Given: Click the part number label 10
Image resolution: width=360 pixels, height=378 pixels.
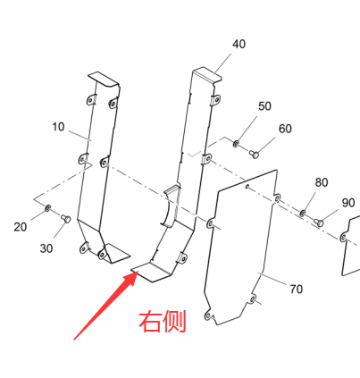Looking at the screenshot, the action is [58, 127].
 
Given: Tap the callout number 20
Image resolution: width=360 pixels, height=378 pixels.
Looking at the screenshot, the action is [21, 227].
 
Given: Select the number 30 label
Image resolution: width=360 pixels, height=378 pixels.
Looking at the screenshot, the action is [46, 248].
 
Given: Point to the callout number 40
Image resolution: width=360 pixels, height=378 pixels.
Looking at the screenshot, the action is [239, 44].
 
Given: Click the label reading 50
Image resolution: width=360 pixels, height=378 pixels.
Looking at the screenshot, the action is [264, 106].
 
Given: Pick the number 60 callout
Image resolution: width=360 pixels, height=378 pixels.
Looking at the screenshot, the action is [285, 129].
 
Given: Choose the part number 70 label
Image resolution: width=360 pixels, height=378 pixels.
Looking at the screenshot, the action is [297, 289].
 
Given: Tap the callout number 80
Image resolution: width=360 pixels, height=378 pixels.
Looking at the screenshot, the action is [322, 182].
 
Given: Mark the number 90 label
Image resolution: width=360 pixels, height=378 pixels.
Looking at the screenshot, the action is [348, 203].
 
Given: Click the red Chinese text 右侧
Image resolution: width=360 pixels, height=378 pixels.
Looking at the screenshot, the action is [163, 321].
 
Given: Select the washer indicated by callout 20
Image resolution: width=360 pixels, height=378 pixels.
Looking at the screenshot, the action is [47, 208].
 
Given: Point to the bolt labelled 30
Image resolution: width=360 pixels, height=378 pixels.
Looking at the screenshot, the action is [66, 219].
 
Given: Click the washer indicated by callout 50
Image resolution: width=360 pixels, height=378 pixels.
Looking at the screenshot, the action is [236, 144].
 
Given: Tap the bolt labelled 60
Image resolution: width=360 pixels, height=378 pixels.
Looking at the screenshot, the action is [255, 155].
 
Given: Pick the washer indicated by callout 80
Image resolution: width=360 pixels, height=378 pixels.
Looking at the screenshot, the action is [303, 213].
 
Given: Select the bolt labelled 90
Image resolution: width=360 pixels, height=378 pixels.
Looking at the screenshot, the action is [319, 223].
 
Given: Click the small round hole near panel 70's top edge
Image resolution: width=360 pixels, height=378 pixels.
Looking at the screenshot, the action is [247, 187].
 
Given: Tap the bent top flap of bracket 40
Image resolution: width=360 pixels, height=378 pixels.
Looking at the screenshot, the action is [207, 75].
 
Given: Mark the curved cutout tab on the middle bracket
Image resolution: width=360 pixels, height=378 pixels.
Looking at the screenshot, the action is [171, 206].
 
